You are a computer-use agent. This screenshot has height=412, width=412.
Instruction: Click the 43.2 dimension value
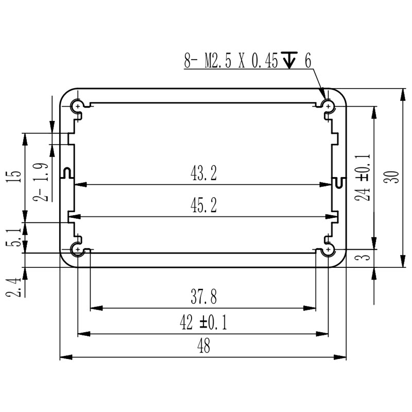(204, 174)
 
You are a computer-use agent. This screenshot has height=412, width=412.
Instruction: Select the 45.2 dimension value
(204, 206)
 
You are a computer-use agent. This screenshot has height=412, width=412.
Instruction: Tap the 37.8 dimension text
(203, 297)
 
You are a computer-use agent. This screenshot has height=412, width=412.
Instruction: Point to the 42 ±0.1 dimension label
(203, 323)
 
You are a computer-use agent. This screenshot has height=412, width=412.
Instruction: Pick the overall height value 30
(394, 177)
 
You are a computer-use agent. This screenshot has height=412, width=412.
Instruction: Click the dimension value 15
(15, 176)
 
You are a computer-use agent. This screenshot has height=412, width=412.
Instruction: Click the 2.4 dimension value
(15, 287)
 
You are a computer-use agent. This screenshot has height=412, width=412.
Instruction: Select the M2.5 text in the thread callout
(218, 62)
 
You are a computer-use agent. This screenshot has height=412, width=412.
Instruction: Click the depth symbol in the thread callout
(289, 62)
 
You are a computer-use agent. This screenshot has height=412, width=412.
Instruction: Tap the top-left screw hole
(78, 107)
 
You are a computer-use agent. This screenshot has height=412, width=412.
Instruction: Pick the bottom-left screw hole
(78, 249)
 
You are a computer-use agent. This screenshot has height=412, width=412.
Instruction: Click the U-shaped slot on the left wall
(66, 172)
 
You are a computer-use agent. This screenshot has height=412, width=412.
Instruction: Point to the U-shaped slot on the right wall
(339, 182)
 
